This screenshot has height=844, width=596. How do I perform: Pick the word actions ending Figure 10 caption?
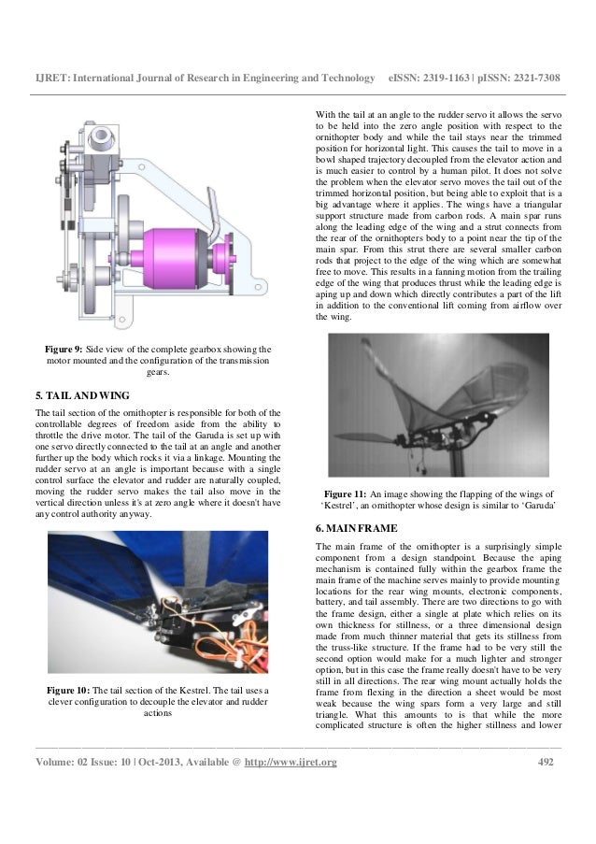(x=158, y=715)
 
